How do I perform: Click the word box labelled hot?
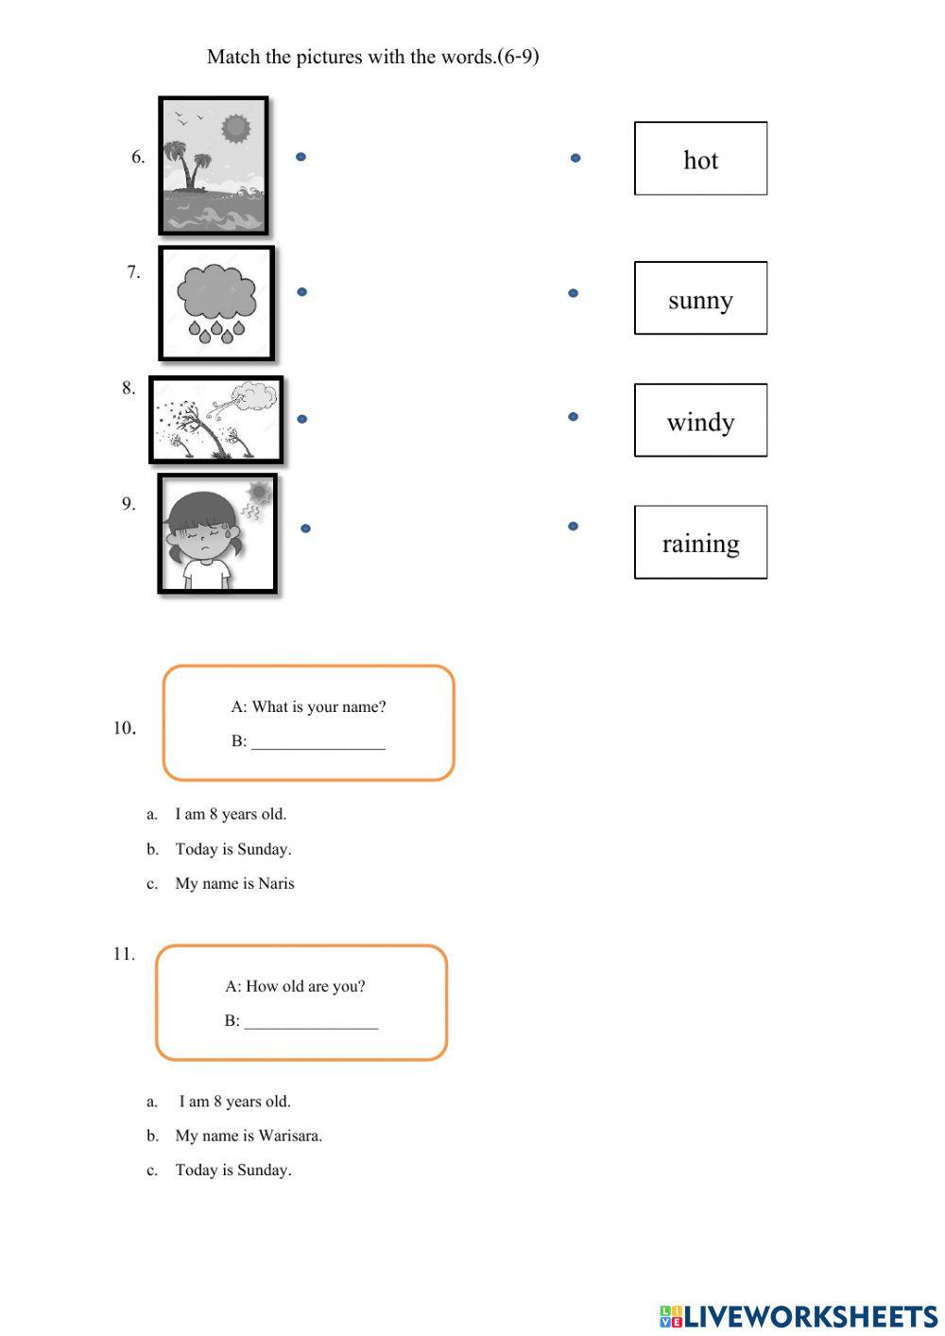(x=700, y=159)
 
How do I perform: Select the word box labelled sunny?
(x=700, y=299)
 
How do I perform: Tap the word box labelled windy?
(x=700, y=421)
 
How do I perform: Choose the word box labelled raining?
(x=700, y=543)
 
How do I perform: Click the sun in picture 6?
(x=235, y=128)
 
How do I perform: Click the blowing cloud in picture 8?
(x=253, y=396)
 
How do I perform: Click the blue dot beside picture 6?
(x=301, y=157)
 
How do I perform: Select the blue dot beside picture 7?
(x=301, y=292)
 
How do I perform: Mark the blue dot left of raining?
(x=573, y=526)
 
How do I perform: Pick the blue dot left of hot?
(x=576, y=158)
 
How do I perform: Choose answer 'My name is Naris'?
(x=234, y=884)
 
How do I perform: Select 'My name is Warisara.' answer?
(x=249, y=1136)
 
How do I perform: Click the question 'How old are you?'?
(x=295, y=986)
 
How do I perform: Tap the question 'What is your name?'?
(x=308, y=707)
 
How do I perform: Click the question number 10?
(x=124, y=728)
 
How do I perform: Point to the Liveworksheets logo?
(x=799, y=1316)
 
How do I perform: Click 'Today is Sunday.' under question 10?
(x=232, y=849)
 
